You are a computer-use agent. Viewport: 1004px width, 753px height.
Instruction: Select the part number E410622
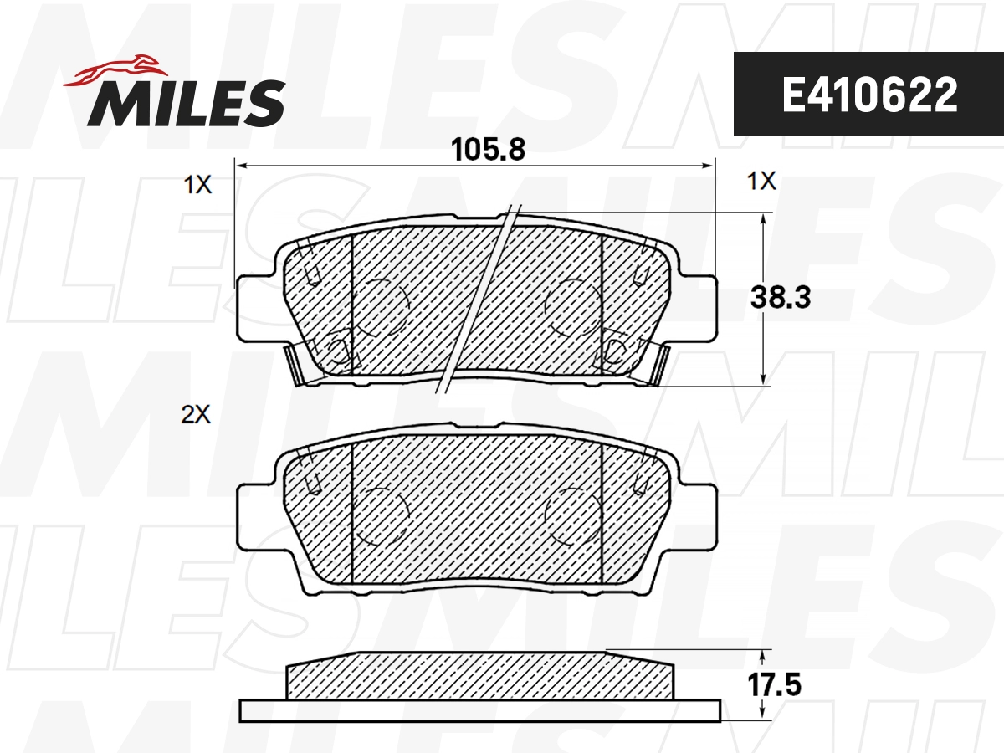tap(868, 95)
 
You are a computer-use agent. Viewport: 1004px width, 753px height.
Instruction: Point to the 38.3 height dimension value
tap(780, 297)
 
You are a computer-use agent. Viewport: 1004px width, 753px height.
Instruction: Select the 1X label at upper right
tap(761, 182)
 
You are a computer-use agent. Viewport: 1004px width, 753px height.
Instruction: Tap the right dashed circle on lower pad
tap(571, 511)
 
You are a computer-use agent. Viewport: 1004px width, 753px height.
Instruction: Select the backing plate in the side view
tap(479, 710)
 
